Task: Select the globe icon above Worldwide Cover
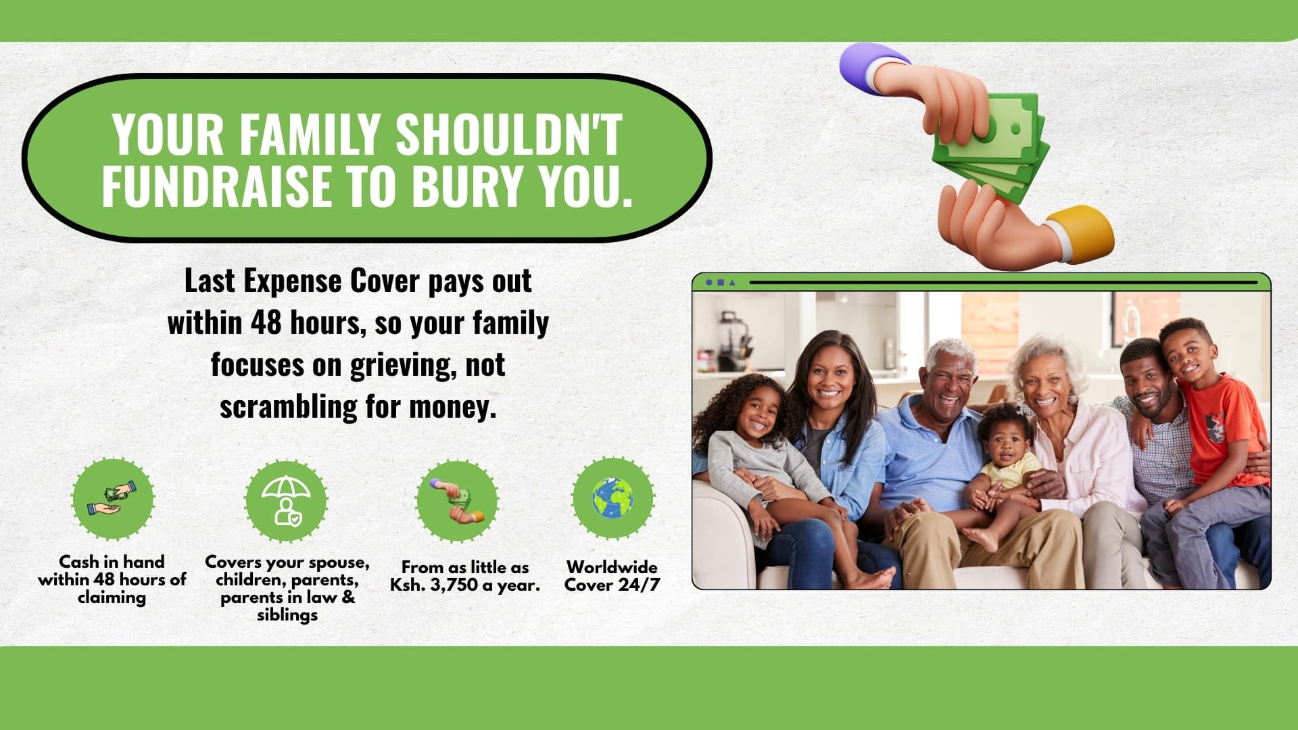pos(612,499)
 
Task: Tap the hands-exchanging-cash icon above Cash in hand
pos(113,499)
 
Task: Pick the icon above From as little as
pos(458,501)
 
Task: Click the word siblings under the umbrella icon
pos(287,615)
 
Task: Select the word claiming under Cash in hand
pos(112,598)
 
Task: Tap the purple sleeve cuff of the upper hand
pos(864,62)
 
